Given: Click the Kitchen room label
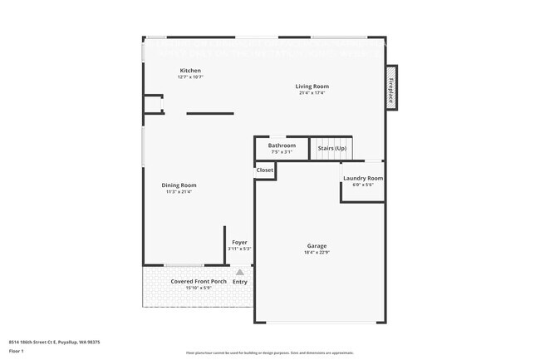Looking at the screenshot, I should click(190, 71).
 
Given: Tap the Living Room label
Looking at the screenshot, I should click(312, 86).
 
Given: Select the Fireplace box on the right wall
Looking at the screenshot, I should click(390, 88).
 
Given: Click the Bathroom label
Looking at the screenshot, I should click(281, 145).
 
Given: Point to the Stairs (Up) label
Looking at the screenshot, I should click(331, 148).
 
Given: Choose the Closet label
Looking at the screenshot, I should click(264, 170).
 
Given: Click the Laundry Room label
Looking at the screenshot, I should click(363, 178).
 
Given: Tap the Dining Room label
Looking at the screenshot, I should click(179, 185).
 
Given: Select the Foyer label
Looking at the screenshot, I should click(239, 242).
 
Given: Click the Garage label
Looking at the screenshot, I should click(317, 245).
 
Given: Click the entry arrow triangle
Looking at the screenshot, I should click(240, 272).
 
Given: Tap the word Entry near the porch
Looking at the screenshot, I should click(240, 282).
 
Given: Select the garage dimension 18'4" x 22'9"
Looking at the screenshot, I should click(317, 252).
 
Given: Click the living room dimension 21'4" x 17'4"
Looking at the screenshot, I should click(312, 93).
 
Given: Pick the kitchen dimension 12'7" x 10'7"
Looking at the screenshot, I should click(190, 77).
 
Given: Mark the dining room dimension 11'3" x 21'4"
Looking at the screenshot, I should click(179, 191).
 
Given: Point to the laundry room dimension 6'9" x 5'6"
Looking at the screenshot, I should click(363, 185).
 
